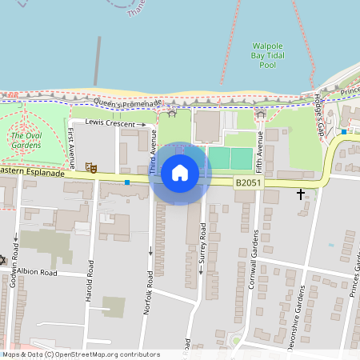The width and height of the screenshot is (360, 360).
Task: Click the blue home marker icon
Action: point(180,172)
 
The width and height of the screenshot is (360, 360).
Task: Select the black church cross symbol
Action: point(301,194)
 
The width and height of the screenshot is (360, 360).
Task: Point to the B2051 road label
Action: point(248,183)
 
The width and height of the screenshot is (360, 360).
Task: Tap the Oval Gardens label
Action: point(26,141)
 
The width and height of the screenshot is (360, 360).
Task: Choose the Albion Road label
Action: point(38,273)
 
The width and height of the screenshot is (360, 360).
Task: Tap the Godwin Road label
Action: point(14,259)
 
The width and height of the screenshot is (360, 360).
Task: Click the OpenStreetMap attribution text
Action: point(80,354)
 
